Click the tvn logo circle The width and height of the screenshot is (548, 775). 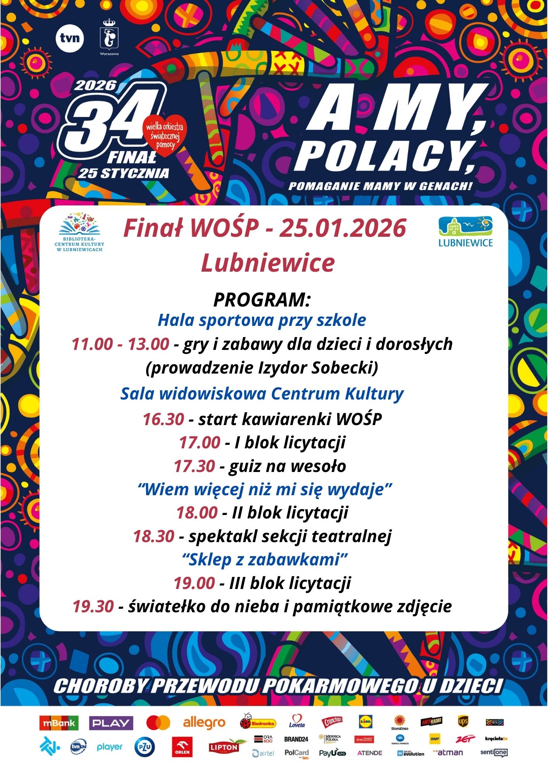(70, 38)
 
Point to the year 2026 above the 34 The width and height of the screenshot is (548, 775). (95, 85)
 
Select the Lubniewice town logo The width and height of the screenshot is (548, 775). (465, 232)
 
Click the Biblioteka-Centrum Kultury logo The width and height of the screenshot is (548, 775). (79, 232)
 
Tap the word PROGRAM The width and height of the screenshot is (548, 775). (262, 300)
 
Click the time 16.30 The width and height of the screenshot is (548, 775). (163, 419)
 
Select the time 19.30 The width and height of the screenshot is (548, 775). (93, 606)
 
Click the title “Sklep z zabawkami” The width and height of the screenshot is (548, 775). (265, 560)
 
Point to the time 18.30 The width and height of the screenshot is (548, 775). (154, 536)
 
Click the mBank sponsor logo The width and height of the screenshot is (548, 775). (59, 723)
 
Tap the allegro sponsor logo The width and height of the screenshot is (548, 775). (204, 723)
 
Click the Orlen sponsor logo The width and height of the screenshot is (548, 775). (182, 747)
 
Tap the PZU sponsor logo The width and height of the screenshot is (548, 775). (145, 747)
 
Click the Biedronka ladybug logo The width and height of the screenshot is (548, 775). (257, 722)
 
